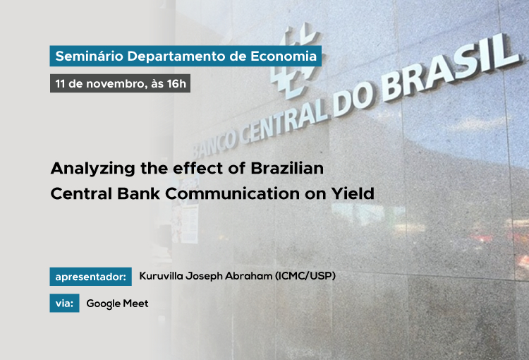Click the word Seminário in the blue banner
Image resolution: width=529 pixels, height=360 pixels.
pyautogui.click(x=90, y=56)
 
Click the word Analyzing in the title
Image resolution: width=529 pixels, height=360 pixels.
pyautogui.click(x=93, y=169)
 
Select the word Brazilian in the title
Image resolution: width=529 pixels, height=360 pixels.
pyautogui.click(x=287, y=168)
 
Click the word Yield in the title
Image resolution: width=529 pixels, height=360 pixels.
pyautogui.click(x=353, y=194)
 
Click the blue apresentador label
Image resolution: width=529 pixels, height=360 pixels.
pyautogui.click(x=91, y=277)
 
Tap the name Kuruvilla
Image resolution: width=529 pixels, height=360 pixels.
pyautogui.click(x=162, y=276)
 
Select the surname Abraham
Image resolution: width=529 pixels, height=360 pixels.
pyautogui.click(x=249, y=276)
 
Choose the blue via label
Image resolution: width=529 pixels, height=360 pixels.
pyautogui.click(x=64, y=303)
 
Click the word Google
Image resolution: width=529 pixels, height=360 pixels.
pyautogui.click(x=103, y=304)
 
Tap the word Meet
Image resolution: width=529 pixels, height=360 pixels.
pyautogui.click(x=135, y=304)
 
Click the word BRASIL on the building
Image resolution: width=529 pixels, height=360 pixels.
pyautogui.click(x=451, y=68)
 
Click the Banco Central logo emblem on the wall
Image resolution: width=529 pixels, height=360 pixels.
pyautogui.click(x=294, y=61)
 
